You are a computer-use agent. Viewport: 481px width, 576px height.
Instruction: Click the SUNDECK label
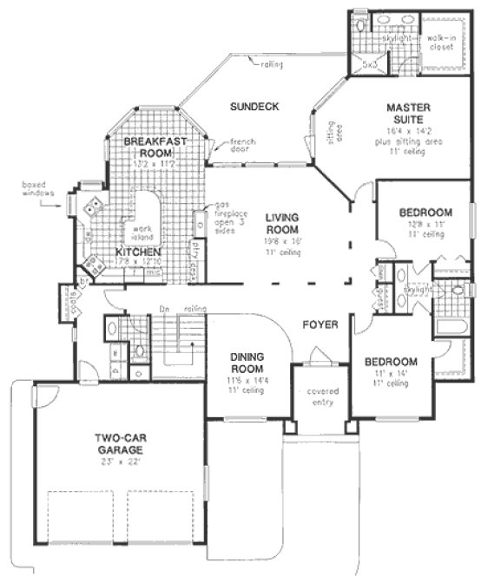point(254,107)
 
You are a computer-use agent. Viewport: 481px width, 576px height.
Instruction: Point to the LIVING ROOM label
point(282,223)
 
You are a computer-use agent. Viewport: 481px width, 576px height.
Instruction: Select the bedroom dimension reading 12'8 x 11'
point(425,224)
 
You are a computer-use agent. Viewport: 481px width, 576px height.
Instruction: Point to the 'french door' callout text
point(235,146)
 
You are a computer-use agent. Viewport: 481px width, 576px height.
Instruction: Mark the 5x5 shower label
point(369,63)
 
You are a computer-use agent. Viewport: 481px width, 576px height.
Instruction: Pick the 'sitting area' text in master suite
point(322,130)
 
